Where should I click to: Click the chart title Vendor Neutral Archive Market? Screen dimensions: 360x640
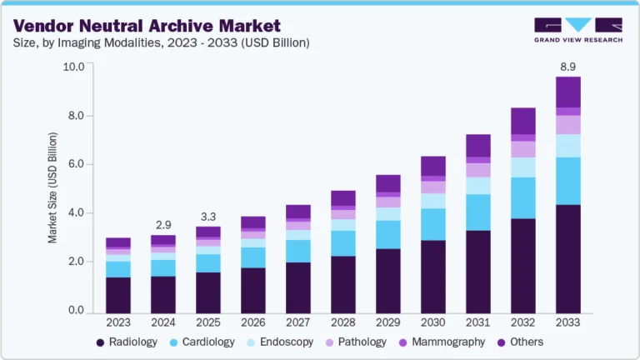(144, 25)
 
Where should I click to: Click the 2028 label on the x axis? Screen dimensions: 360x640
(342, 322)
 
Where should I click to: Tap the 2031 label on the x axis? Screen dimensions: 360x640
(477, 322)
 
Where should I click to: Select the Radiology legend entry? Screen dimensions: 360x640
(124, 342)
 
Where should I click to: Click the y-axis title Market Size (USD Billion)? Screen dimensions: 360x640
(52, 187)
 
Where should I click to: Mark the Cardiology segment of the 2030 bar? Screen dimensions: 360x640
(432, 224)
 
